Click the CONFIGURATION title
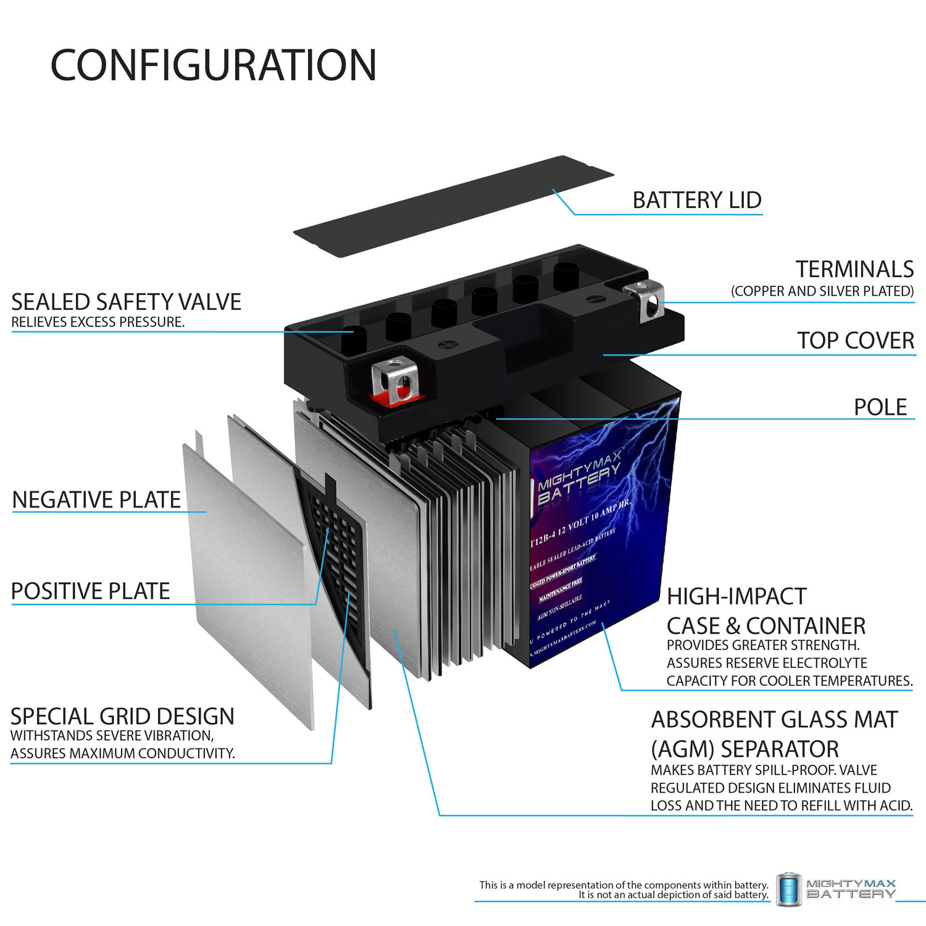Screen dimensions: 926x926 coord(213,65)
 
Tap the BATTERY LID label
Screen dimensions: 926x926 coord(697,200)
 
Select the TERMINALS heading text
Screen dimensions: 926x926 coord(854,269)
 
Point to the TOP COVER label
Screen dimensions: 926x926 coord(855,340)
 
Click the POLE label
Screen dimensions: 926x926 coord(880,407)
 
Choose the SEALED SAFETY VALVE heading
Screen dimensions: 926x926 coord(126,302)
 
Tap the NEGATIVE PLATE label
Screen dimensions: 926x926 coord(96,499)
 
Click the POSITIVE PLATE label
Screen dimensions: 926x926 coord(90,591)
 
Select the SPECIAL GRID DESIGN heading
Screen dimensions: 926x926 coord(122,716)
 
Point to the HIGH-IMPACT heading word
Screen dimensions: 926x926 coord(736,596)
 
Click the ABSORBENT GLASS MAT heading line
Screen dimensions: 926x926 coord(774,720)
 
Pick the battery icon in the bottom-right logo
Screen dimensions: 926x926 coord(788,890)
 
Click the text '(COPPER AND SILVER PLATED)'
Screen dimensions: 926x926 coord(822,291)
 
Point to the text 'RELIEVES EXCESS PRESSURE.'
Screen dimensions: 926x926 coord(98,322)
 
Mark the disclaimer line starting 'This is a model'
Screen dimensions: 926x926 coord(624,885)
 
